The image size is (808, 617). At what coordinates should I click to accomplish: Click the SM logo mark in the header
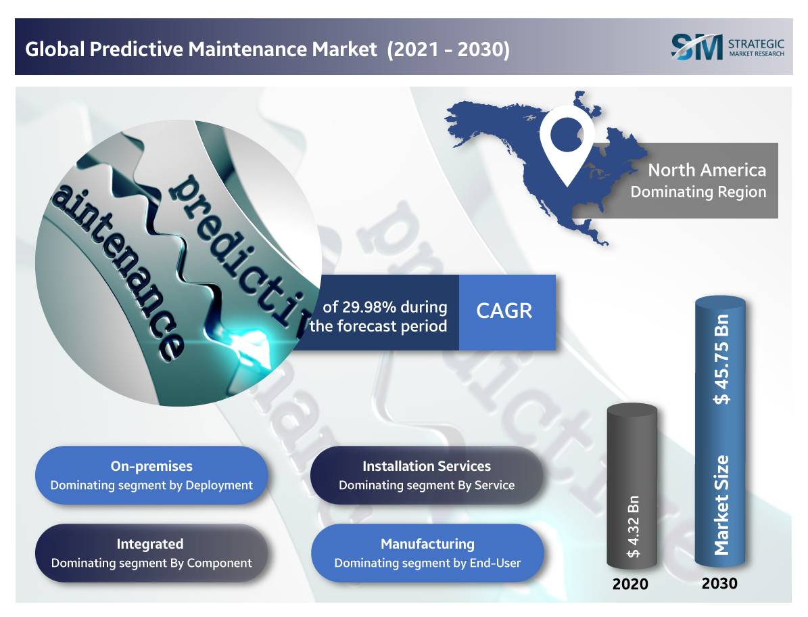coord(696,47)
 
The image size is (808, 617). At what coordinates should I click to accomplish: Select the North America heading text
coord(707,170)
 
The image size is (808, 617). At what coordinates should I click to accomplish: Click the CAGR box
coord(507,313)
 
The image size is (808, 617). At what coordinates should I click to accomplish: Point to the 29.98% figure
coord(369,306)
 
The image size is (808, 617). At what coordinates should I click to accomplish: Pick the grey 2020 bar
coord(632,486)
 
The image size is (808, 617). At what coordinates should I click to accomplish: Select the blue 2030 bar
coord(720,431)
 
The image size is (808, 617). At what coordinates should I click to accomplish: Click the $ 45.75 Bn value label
coord(721,359)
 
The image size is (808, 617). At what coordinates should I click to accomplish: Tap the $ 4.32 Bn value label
coord(634,527)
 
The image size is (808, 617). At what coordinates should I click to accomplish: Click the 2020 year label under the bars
coord(630,584)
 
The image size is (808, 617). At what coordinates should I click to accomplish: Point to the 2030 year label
coord(719,583)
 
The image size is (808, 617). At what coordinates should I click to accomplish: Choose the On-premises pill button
coord(151,475)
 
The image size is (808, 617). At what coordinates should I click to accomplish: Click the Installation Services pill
coord(427,475)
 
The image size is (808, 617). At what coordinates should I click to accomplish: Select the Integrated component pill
coord(151,553)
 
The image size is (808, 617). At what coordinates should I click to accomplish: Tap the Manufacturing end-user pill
coord(427,553)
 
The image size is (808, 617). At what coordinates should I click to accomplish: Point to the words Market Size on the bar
coord(721,505)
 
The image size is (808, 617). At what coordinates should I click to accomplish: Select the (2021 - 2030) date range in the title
coord(448,49)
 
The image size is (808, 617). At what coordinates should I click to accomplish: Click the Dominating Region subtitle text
coord(698,192)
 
